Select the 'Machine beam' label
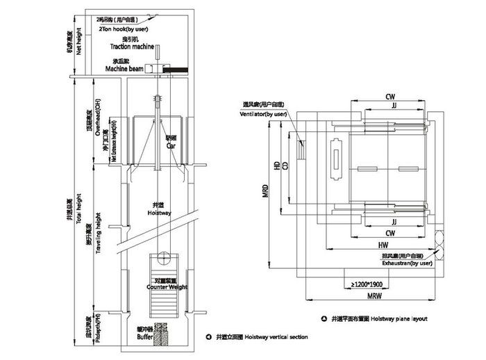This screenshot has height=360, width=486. [124, 69]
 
